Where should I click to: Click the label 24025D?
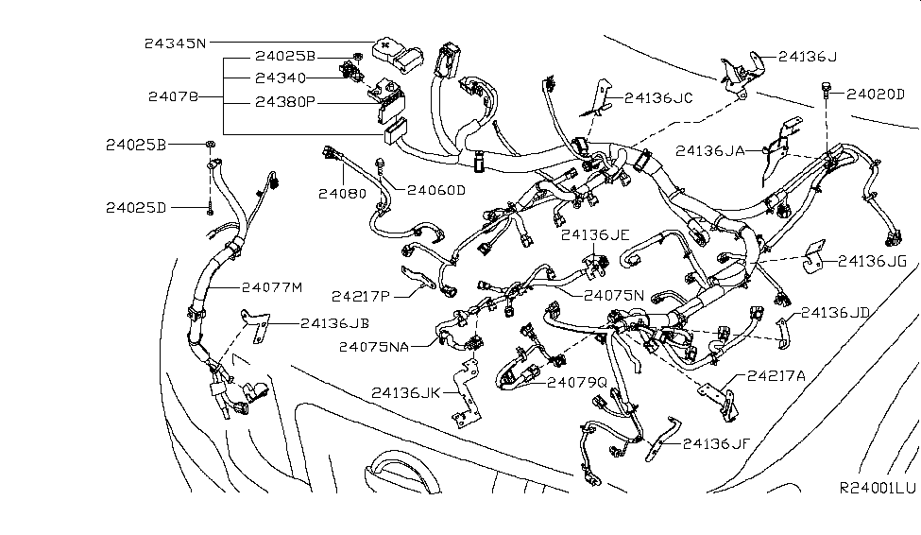click(x=136, y=207)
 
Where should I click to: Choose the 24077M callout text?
click(x=272, y=286)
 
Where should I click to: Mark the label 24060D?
click(x=436, y=190)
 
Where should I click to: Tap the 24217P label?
click(x=361, y=295)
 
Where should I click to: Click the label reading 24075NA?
click(x=374, y=346)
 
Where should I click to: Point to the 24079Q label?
click(x=576, y=381)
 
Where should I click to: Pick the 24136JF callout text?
click(x=719, y=441)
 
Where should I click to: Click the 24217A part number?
click(x=776, y=375)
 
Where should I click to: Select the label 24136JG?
click(x=872, y=260)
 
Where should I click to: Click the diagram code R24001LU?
click(x=878, y=489)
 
